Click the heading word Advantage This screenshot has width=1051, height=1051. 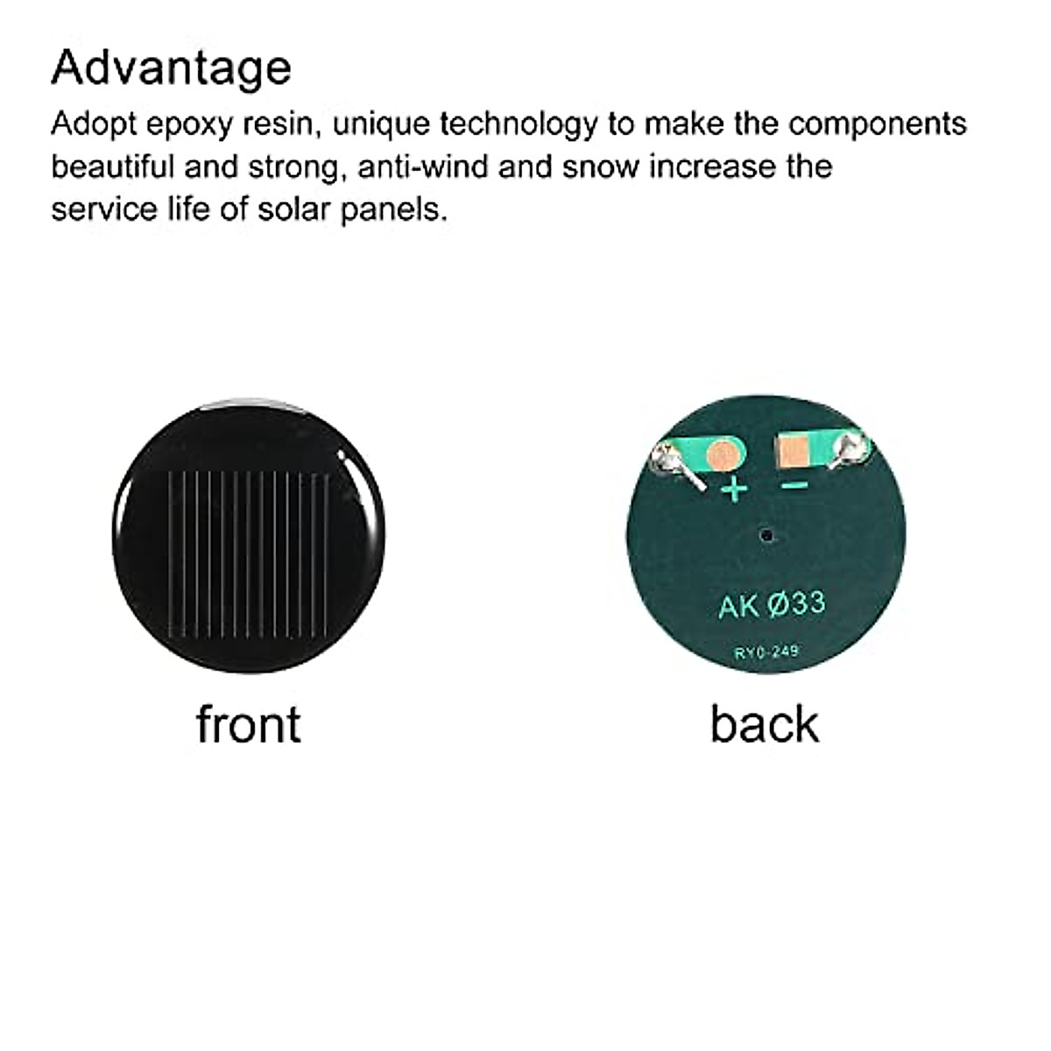tap(171, 68)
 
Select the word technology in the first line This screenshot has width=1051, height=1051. tap(518, 123)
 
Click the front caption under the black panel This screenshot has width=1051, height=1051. tap(248, 724)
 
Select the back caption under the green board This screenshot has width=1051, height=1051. tap(764, 724)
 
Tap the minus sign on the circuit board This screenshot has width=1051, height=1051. tap(794, 485)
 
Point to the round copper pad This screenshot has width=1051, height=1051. tap(723, 453)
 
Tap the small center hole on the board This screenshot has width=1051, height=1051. tap(767, 533)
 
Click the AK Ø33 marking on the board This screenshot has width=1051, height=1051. tap(771, 604)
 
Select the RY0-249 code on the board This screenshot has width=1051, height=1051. tap(766, 651)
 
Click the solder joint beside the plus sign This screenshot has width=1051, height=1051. tap(672, 459)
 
